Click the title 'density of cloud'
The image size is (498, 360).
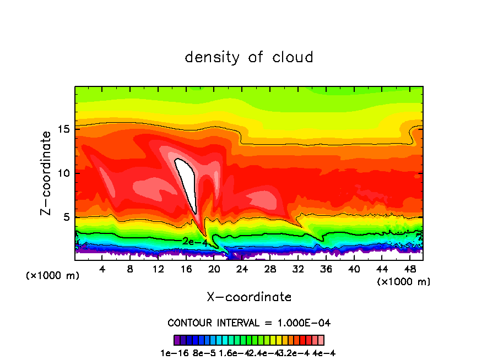click(x=249, y=57)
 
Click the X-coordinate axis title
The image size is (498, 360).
click(x=249, y=297)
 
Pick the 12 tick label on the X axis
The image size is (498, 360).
click(x=158, y=269)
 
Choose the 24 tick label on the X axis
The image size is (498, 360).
click(x=242, y=269)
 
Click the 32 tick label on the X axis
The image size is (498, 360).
click(x=298, y=269)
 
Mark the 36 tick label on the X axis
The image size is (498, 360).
click(x=326, y=269)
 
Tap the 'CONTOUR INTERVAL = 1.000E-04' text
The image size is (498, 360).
click(x=249, y=323)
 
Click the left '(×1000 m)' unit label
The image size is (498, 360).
click(x=53, y=276)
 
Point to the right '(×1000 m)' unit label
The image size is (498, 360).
click(x=404, y=281)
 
